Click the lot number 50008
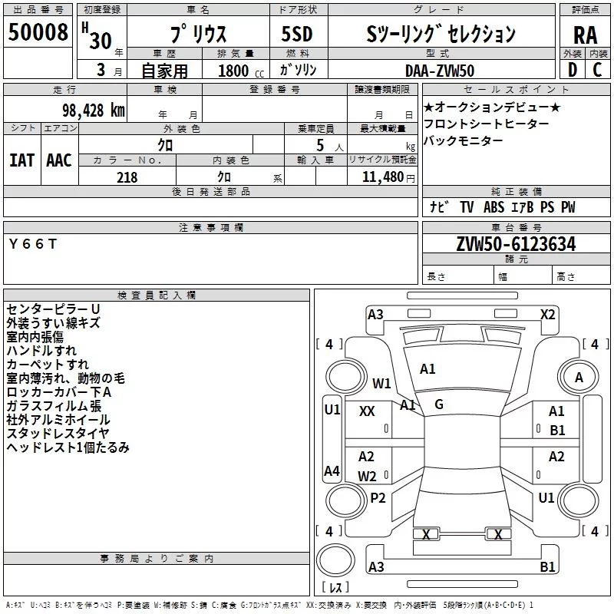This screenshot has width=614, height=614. click(x=39, y=34)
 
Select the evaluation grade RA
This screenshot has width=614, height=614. click(x=585, y=34)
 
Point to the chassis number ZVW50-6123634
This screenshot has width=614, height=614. click(x=516, y=244)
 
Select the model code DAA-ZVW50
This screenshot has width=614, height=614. click(x=440, y=71)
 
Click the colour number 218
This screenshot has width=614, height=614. click(x=127, y=177)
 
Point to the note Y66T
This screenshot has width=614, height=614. click(x=32, y=244)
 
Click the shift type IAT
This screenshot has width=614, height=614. click(x=22, y=160)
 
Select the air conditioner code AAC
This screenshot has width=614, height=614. click(x=59, y=160)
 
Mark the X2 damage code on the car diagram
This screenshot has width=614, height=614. click(x=547, y=314)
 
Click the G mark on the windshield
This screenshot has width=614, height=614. click(x=439, y=404)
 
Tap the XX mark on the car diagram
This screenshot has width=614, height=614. click(x=367, y=411)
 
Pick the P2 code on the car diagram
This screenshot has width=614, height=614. click(x=378, y=497)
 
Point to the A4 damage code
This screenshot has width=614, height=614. click(x=332, y=471)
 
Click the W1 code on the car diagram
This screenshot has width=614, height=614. click(x=381, y=383)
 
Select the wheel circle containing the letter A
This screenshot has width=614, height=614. click(x=579, y=377)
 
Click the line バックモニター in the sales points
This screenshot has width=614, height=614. click(x=464, y=140)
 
